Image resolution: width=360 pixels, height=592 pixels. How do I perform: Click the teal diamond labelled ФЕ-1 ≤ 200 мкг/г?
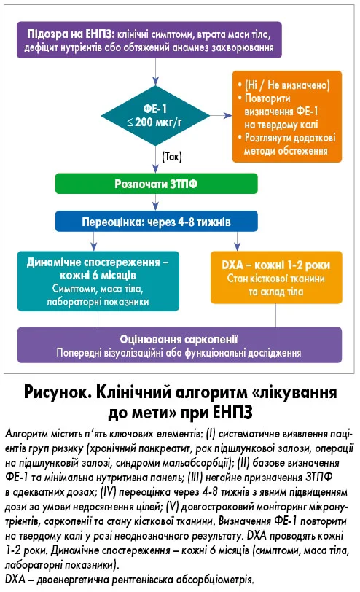pos(155,115)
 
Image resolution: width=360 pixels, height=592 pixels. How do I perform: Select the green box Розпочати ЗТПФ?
pos(156,184)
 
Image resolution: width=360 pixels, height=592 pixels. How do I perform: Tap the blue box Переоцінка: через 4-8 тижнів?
pos(156,222)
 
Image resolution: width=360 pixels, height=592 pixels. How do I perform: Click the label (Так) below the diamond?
pos(172,156)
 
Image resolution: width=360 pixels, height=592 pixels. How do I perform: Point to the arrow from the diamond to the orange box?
pos(221,115)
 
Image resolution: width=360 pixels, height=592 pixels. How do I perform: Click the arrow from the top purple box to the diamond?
pos(155,71)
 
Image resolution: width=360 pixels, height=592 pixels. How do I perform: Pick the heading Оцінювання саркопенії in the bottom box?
pos(179,339)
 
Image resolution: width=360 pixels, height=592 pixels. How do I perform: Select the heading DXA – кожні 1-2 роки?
pos(276,265)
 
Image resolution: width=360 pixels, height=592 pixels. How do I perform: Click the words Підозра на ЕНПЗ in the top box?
pos(70,34)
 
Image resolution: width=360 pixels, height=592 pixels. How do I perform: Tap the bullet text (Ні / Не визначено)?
pos(287,85)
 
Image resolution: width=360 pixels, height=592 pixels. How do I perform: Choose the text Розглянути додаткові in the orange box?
pos(290,137)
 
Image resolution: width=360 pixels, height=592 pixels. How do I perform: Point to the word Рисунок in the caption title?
pos(54,393)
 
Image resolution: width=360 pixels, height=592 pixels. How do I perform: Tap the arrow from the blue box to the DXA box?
pos(237,241)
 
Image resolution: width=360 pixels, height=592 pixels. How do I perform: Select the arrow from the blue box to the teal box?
pos(93,241)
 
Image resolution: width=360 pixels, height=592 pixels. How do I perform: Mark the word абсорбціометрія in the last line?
pos(216,579)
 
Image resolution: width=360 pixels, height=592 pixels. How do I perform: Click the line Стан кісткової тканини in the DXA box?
pos(276,279)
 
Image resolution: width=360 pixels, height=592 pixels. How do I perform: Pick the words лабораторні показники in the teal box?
pos(98,302)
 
